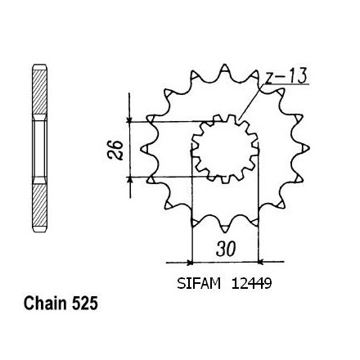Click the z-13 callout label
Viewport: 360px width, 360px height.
click(286, 75)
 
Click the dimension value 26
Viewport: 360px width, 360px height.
click(115, 150)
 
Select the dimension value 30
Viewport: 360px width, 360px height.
click(226, 249)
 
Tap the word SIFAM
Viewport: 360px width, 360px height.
click(199, 283)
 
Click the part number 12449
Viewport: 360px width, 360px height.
click(251, 283)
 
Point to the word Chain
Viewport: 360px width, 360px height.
click(45, 303)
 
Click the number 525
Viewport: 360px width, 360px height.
click(85, 303)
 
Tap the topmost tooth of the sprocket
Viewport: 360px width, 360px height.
click(224, 68)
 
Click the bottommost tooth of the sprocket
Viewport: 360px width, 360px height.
click(224, 228)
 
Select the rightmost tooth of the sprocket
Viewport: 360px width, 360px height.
click(305, 148)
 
